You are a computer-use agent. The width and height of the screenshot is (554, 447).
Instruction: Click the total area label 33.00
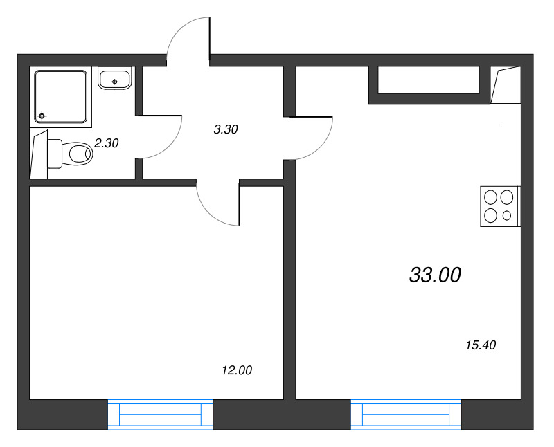[x=435, y=275]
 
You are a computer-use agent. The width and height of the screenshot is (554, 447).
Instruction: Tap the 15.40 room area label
[x=481, y=345]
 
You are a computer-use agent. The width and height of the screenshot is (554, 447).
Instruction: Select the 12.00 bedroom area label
[x=237, y=370]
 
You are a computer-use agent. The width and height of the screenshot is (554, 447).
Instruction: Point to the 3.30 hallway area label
[x=226, y=129]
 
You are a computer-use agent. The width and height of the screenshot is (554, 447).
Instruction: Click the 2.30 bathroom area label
[x=107, y=143]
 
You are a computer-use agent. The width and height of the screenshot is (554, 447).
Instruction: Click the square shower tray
[x=61, y=97]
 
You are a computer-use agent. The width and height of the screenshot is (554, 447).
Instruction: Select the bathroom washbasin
[x=115, y=80]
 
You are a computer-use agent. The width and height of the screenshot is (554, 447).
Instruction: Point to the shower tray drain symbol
[x=42, y=116]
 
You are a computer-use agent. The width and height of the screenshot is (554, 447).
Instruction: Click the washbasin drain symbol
[x=114, y=82]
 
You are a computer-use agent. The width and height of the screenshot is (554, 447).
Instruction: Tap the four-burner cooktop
[x=499, y=206]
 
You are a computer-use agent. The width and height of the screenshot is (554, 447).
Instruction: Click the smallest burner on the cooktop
[x=507, y=215]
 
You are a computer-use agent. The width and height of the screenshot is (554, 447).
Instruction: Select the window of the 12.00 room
[x=160, y=414]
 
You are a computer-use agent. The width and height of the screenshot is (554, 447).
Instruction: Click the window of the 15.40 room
[x=406, y=414]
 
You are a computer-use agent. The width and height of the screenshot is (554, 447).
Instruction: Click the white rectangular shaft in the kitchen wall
[x=429, y=80]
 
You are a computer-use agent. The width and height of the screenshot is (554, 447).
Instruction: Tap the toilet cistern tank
[x=55, y=154]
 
